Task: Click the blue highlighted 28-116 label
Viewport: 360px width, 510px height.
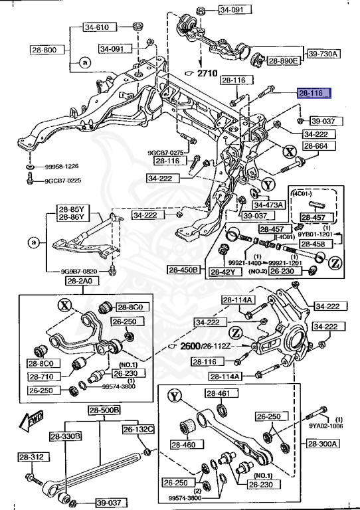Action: coord(312,94)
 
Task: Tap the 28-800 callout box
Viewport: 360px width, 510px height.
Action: coord(44,49)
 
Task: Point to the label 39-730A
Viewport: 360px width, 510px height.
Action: coord(323,53)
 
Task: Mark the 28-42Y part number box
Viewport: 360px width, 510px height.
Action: coord(224,272)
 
